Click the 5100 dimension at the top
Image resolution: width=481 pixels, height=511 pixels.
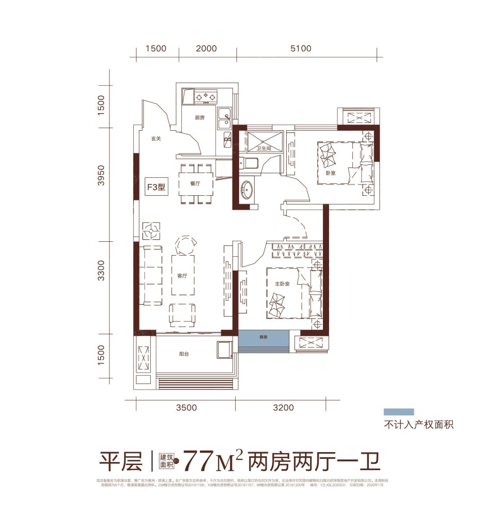pyautogui.click(x=301, y=49)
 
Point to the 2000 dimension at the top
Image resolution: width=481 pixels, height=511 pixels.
pyautogui.click(x=207, y=49)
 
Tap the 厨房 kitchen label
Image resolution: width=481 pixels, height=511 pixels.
pyautogui.click(x=200, y=118)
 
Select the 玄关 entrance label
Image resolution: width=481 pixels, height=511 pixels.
pyautogui.click(x=157, y=138)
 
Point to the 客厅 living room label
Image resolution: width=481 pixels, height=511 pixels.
pyautogui.click(x=182, y=276)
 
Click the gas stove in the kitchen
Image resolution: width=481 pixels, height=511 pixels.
pyautogui.click(x=205, y=96)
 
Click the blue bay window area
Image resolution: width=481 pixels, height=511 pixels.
pyautogui.click(x=263, y=341)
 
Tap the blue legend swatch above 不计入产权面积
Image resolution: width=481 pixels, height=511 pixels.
pyautogui.click(x=398, y=412)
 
